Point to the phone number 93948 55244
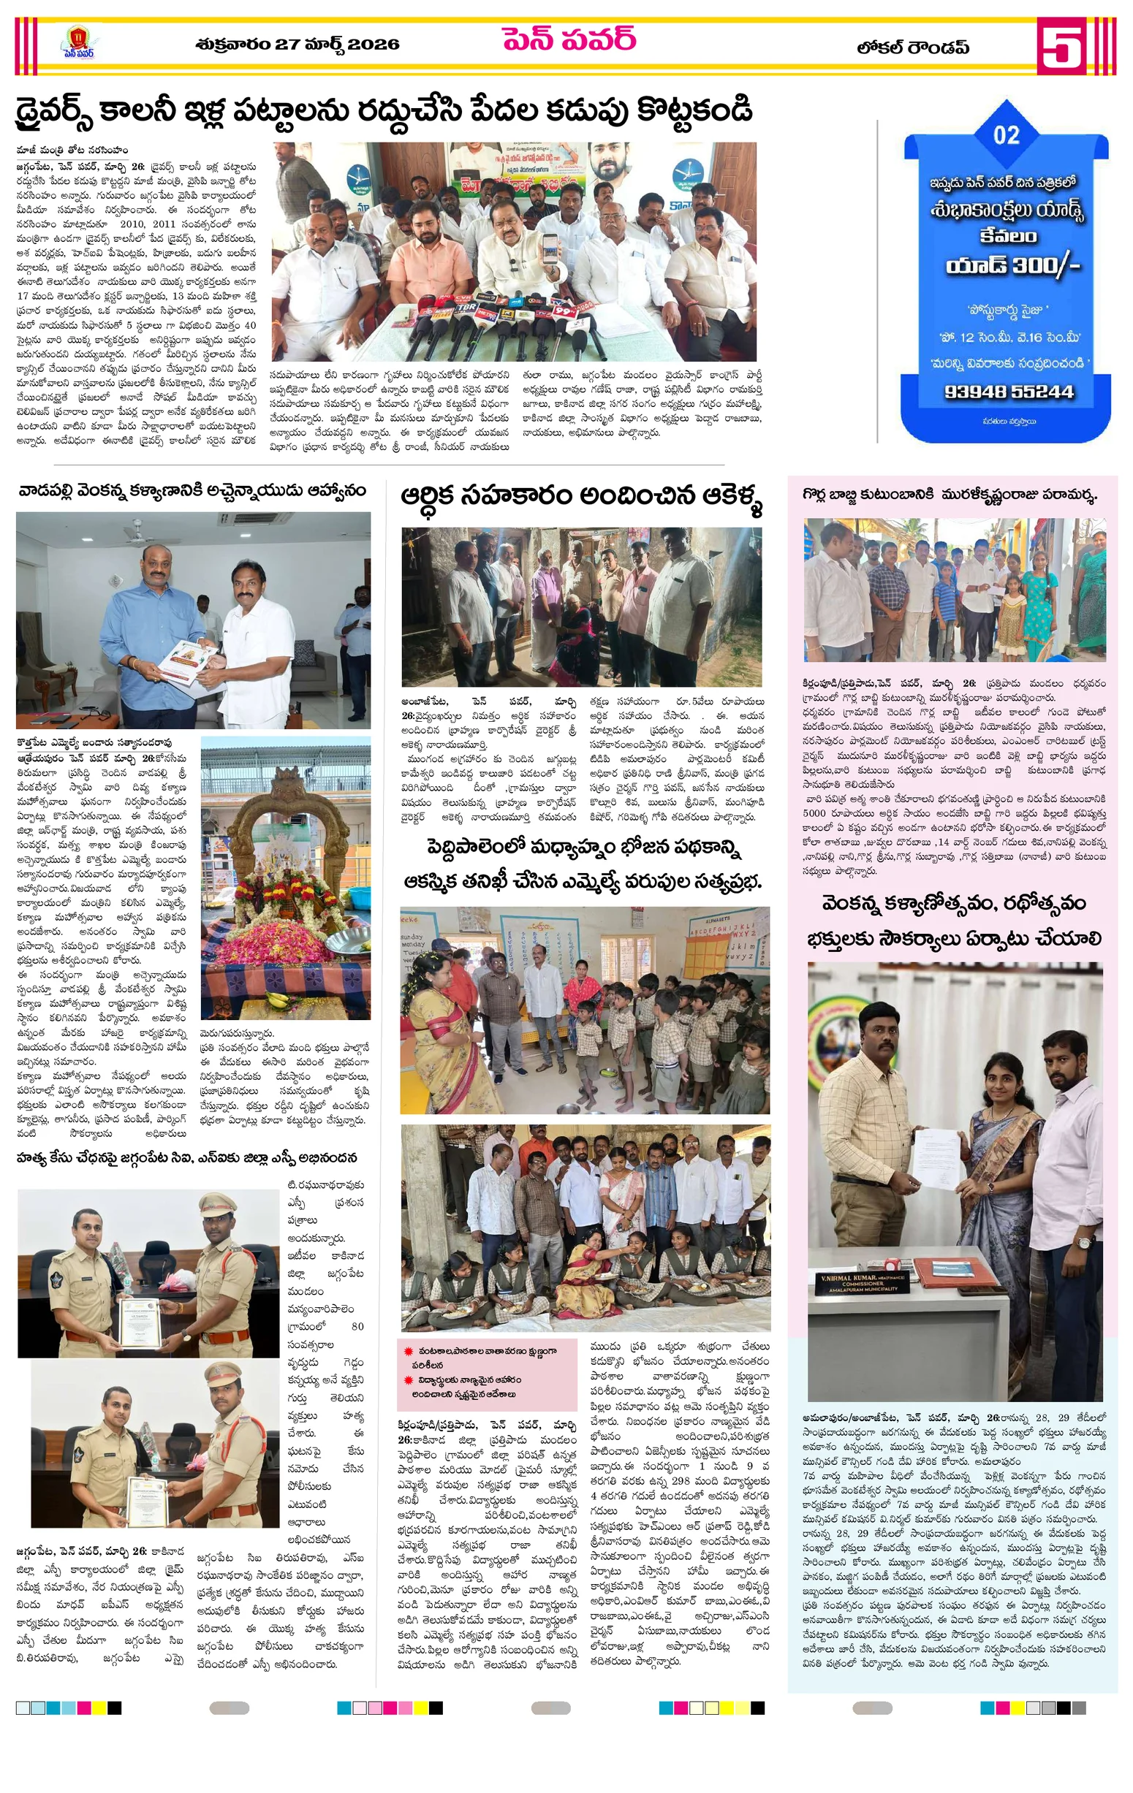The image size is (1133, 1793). coord(1009,392)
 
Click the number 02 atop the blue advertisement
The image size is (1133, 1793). coord(1007,135)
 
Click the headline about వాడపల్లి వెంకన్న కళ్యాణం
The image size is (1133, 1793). coord(192,492)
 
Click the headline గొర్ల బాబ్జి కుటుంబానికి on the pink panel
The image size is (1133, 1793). coord(950,495)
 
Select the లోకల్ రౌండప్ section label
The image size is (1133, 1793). coord(912,47)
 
